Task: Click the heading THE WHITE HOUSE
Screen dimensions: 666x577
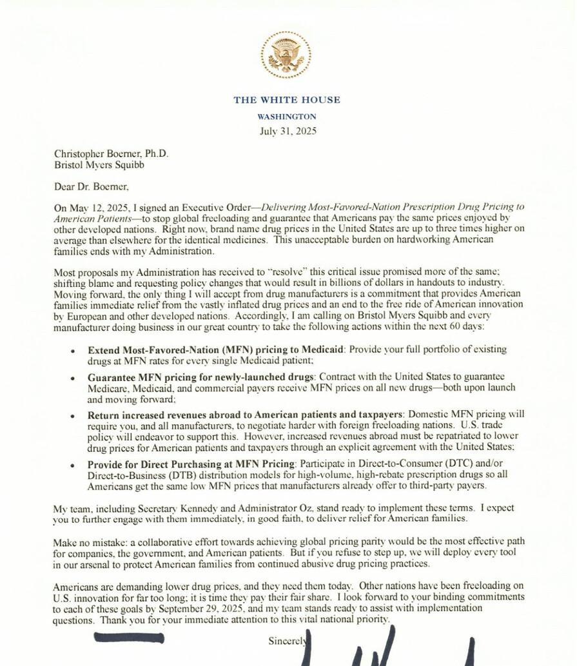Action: tap(287, 100)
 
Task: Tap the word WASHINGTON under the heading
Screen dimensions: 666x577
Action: tap(287, 117)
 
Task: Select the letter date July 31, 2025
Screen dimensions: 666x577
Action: tap(288, 131)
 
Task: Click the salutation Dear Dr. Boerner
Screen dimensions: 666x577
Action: tap(92, 187)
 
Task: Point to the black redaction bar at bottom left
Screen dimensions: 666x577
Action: tap(128, 638)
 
